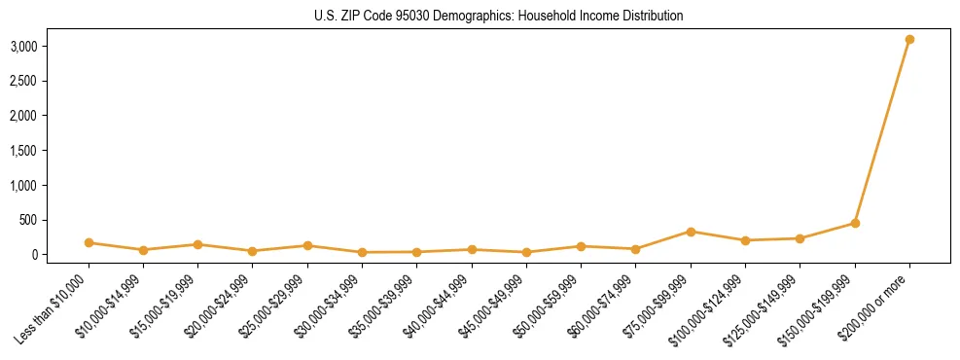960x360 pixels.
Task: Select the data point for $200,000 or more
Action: pos(909,40)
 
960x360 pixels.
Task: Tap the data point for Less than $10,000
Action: pos(89,242)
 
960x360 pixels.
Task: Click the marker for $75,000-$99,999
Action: pos(691,232)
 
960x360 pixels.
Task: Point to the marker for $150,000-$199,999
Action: pos(855,223)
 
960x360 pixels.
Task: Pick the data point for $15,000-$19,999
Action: pos(198,244)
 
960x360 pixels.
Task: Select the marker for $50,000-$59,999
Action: pos(581,246)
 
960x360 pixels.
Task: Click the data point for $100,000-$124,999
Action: pos(745,240)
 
